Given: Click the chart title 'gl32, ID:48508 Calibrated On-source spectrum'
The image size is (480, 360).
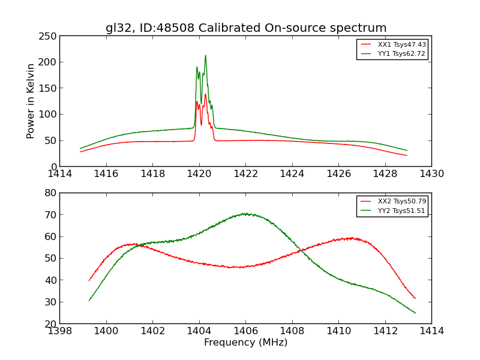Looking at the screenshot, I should click(246, 28).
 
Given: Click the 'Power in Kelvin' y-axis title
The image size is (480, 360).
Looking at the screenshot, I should click(31, 101).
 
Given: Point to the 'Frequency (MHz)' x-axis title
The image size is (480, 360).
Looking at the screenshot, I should click(245, 343).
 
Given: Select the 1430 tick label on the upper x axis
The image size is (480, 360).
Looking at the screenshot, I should click(431, 173).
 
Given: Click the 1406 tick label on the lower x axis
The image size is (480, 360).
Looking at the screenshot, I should click(245, 331).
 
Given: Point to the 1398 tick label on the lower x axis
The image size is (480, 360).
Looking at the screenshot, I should click(59, 331).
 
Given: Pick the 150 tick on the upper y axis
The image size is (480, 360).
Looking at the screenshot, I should click(48, 88).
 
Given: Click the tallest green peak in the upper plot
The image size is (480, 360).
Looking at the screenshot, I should click(205, 56).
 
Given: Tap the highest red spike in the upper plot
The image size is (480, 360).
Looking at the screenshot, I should click(205, 94).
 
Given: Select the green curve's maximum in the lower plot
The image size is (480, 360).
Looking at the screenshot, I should click(245, 214).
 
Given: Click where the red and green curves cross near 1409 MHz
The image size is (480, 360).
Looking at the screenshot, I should click(299, 251).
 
